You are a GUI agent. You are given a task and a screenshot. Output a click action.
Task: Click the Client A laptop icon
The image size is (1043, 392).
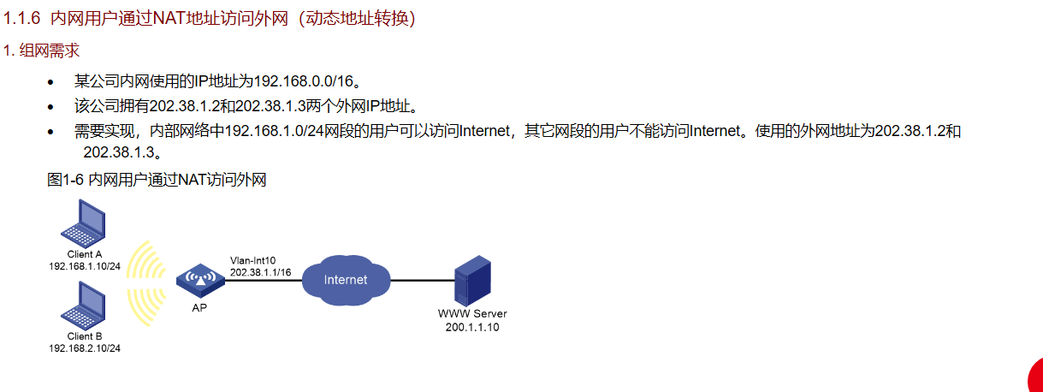point(84,223)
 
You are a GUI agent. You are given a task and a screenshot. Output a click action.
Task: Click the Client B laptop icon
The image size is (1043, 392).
point(84,306)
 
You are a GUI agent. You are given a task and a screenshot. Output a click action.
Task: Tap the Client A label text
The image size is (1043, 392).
point(84,254)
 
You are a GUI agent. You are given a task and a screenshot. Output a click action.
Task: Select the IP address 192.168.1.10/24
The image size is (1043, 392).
point(85,266)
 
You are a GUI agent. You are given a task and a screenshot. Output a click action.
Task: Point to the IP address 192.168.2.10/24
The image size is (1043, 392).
point(85,348)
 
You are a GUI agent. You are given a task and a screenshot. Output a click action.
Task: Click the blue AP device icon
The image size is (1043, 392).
point(201,281)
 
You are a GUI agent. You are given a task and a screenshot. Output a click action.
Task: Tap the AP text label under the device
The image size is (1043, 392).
point(199,308)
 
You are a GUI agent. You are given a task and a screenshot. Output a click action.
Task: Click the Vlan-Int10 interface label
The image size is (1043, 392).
point(252,260)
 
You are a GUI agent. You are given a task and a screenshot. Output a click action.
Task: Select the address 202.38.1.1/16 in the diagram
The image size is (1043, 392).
point(261,272)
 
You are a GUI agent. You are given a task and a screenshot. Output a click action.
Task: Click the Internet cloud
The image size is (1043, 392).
point(346,280)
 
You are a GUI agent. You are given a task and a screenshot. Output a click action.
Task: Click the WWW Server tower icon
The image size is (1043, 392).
point(472,280)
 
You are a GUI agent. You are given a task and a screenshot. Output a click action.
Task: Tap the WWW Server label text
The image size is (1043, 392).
point(472,314)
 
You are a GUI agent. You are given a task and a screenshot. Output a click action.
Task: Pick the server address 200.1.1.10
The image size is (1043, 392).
point(472,327)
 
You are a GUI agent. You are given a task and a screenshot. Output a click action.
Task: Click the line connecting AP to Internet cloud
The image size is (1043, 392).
point(264,280)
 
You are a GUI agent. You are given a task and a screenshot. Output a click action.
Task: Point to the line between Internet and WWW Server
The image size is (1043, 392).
point(423,280)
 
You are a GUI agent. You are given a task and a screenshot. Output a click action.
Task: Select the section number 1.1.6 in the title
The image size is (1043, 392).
point(22,19)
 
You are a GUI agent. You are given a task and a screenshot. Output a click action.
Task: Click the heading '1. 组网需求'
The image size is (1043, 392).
point(41,50)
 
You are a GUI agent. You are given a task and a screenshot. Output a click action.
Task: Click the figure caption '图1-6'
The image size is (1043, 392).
point(65,180)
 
